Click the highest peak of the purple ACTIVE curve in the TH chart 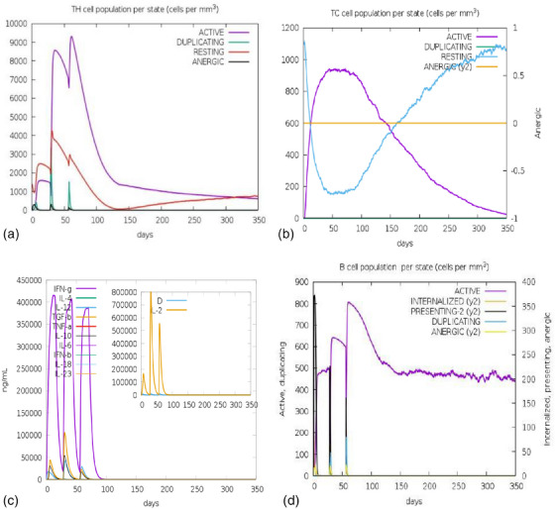[x=71, y=38]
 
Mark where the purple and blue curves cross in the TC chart [x=394, y=125]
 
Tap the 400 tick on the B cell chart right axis [x=526, y=283]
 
